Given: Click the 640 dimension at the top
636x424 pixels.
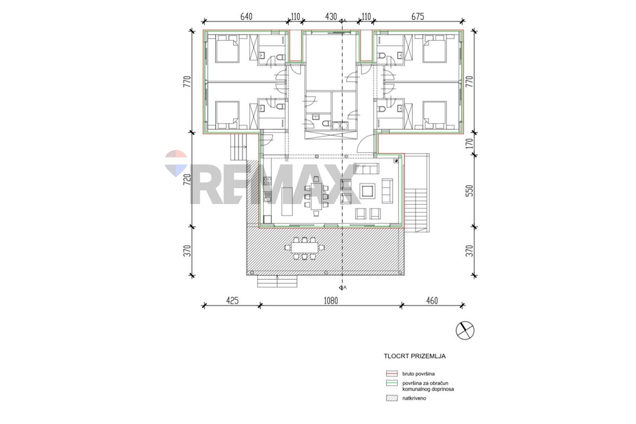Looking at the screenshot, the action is [246, 17].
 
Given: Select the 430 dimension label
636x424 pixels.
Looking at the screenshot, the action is [331, 17].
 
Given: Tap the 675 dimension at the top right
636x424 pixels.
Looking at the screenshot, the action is [418, 17].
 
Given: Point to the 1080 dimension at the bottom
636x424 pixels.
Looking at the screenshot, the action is [331, 301].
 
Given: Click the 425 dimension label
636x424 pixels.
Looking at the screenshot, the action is [232, 301].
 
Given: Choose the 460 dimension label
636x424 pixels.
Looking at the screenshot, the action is [432, 301].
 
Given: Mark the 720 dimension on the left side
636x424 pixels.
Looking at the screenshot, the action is [188, 180].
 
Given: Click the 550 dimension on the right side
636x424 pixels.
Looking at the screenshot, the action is [470, 191].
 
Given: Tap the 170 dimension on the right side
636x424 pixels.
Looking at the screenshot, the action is [470, 143].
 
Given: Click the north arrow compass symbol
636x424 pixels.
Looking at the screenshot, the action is [465, 331].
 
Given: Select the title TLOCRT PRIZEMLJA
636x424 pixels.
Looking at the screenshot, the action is [414, 356].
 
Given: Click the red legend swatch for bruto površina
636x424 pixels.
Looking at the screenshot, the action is [392, 374].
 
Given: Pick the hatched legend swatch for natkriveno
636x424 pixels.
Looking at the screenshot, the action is [392, 398].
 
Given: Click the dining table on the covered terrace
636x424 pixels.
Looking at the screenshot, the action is [305, 248].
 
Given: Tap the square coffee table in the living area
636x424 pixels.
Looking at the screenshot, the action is [367, 191].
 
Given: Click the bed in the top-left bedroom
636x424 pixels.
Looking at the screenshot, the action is [227, 51].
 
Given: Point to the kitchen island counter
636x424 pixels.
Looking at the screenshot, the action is [287, 201].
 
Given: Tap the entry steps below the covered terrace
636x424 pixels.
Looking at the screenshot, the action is [277, 281].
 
